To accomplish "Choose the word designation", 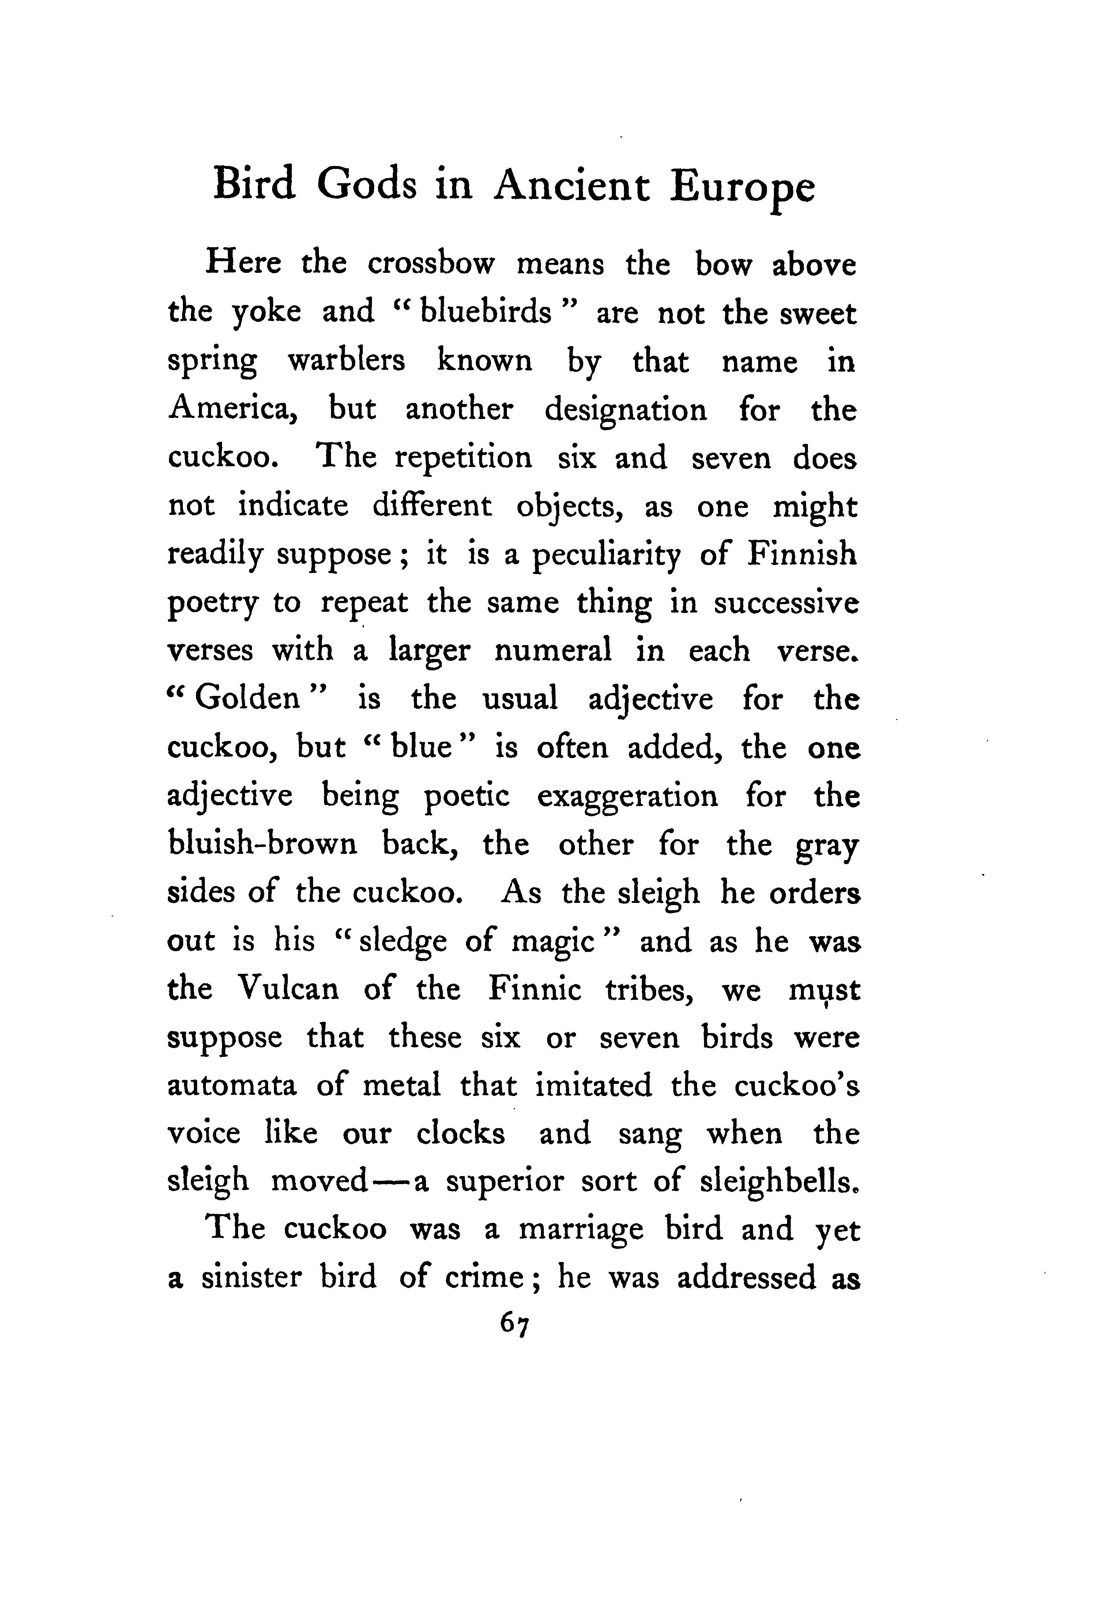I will tap(625, 411).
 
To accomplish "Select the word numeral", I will tap(553, 650).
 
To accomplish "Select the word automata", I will tap(232, 1086).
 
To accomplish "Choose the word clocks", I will tap(461, 1133).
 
